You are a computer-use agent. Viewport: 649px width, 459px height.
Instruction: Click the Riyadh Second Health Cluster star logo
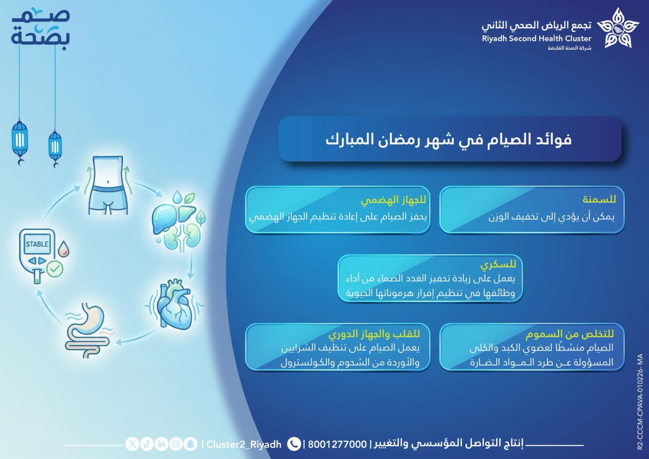pyautogui.click(x=618, y=29)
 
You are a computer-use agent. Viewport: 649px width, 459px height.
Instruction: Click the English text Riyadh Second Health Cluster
pyautogui.click(x=536, y=39)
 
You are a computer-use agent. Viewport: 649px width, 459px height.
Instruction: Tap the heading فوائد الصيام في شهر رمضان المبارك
pyautogui.click(x=449, y=139)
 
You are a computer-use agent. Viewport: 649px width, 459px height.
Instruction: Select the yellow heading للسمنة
pyautogui.click(x=599, y=199)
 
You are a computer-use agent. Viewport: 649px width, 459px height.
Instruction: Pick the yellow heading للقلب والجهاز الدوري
pyautogui.click(x=374, y=334)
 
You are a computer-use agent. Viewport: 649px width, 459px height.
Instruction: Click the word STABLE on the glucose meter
pyautogui.click(x=37, y=244)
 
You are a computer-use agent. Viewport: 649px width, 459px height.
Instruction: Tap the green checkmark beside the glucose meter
pyautogui.click(x=55, y=269)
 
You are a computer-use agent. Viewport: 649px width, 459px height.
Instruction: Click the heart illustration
pyautogui.click(x=174, y=303)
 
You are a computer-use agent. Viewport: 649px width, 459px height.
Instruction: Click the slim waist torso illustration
pyautogui.click(x=108, y=185)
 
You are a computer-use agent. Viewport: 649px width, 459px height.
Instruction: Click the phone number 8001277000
pyautogui.click(x=337, y=444)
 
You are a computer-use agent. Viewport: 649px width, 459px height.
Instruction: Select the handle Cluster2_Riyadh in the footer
pyautogui.click(x=244, y=444)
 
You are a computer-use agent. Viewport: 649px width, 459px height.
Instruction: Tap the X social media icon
pyautogui.click(x=132, y=444)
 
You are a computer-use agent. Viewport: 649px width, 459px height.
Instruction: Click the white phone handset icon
pyautogui.click(x=294, y=444)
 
